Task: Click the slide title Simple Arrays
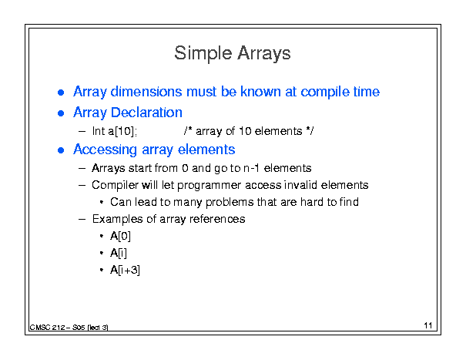pyautogui.click(x=233, y=53)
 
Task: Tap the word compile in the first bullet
pyautogui.click(x=325, y=92)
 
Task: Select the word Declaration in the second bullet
pyautogui.click(x=146, y=113)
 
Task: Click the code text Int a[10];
pyautogui.click(x=115, y=131)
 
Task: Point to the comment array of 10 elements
pyautogui.click(x=249, y=131)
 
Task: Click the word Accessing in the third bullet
pyautogui.click(x=106, y=150)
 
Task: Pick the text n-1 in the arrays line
pyautogui.click(x=251, y=168)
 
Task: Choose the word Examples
pyautogui.click(x=118, y=219)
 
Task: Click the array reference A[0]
pyautogui.click(x=120, y=236)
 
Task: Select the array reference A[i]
pyautogui.click(x=119, y=253)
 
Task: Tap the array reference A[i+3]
pyautogui.click(x=125, y=270)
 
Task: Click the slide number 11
pyautogui.click(x=428, y=325)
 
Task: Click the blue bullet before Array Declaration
pyautogui.click(x=61, y=113)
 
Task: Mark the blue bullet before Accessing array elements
pyautogui.click(x=61, y=150)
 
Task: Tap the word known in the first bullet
pyautogui.click(x=260, y=92)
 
